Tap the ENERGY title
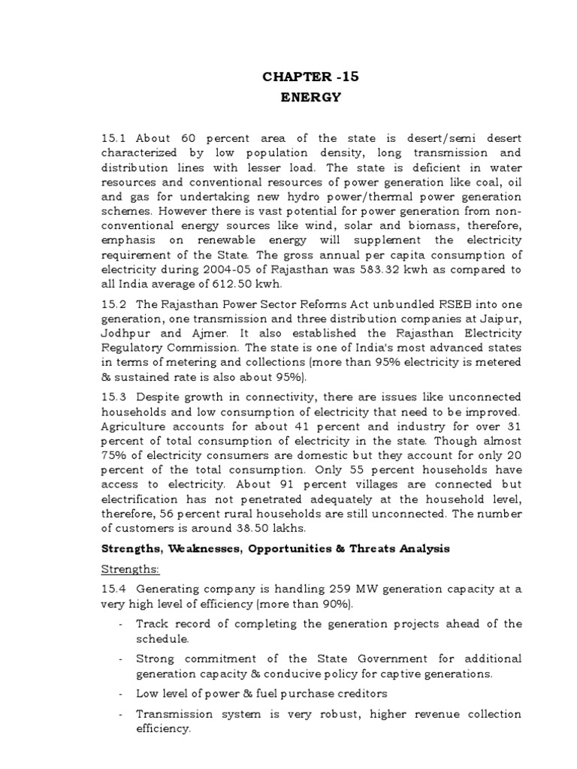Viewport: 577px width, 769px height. (x=301, y=97)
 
